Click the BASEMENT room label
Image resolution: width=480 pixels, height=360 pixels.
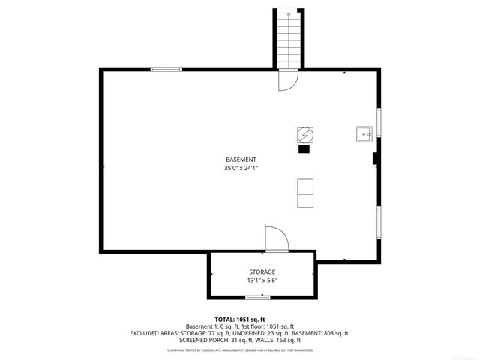tap(241, 160)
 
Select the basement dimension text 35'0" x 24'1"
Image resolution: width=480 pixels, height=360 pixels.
tap(241, 169)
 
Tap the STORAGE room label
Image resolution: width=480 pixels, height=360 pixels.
tap(262, 271)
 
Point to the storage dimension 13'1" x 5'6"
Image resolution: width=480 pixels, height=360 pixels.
tap(262, 280)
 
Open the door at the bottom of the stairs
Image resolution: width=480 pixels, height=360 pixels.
tap(289, 79)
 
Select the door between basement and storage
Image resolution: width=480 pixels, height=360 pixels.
tap(276, 240)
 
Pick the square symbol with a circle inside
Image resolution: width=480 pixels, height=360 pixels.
tap(305, 134)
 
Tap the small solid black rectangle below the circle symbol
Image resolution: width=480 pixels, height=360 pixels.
tap(304, 149)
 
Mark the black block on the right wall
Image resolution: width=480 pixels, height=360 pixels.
tap(374, 158)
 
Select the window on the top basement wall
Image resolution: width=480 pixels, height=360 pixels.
tap(166, 69)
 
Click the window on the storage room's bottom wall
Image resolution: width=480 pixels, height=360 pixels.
tap(257, 297)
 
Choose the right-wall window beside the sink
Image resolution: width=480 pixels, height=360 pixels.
tap(379, 123)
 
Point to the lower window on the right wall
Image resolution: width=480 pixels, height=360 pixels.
tap(379, 221)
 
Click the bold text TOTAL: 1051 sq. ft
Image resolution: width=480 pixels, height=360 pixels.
tap(240, 319)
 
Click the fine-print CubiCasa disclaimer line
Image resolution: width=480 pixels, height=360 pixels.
tap(240, 350)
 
